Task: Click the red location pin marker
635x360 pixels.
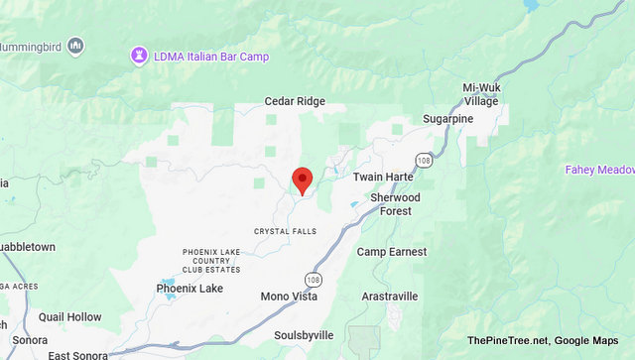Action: coord(303,180)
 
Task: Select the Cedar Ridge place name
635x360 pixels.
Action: coord(295,101)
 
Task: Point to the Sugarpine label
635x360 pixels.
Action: coord(448,119)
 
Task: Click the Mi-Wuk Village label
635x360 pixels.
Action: coord(481,94)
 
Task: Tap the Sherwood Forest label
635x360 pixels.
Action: coord(395,204)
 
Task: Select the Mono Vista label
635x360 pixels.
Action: coord(289,297)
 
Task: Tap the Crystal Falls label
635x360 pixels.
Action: coord(284,231)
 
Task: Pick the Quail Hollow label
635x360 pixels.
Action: coord(70,317)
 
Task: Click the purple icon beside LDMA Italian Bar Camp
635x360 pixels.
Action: coord(139,56)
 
